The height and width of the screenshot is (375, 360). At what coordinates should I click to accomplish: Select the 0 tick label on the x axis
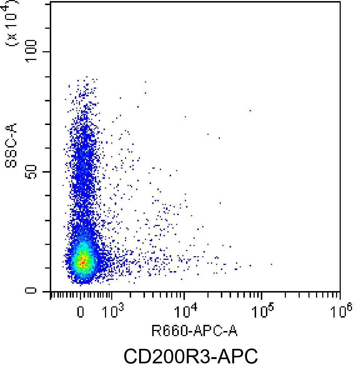(x=81, y=312)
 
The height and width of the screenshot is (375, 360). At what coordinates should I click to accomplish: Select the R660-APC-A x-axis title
(x=195, y=331)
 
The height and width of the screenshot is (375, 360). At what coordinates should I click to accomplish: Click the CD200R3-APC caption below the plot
(x=191, y=356)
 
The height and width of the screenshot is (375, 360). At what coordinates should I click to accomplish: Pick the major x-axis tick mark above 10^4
(x=185, y=295)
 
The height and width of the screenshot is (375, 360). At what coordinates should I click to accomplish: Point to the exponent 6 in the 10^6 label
(x=350, y=307)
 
